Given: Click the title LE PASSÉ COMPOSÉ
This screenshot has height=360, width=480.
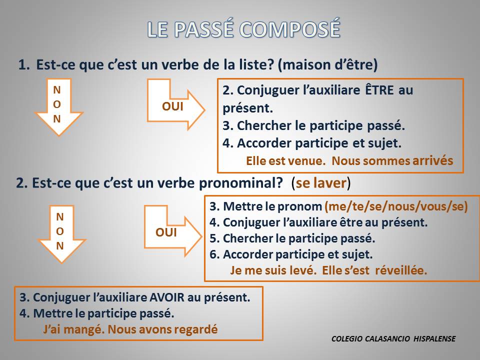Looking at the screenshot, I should point(243,29).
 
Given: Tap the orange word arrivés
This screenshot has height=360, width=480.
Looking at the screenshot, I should point(432,161).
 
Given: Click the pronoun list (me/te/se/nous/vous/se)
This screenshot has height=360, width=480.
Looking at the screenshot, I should point(396,206).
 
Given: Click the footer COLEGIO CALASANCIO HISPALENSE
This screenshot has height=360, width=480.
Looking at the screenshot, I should point(393,339).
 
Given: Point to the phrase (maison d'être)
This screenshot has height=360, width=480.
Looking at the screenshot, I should point(327,64).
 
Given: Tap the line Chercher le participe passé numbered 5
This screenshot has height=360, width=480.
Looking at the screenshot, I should point(292,238).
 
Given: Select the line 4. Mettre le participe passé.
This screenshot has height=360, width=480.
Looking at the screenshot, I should point(97,314).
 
